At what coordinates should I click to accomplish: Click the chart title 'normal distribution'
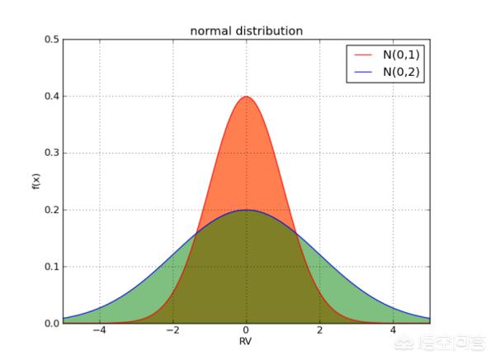(247, 31)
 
